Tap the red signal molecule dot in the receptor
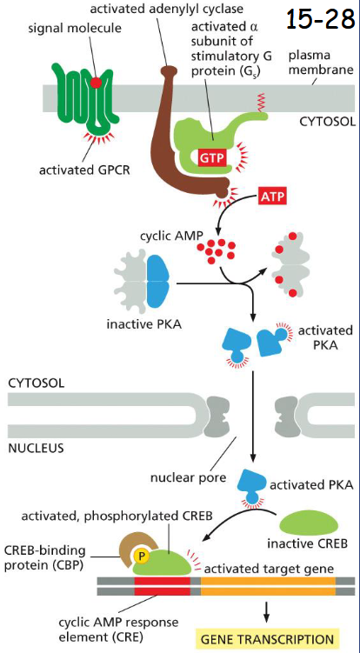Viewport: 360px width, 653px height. pos(97,83)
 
